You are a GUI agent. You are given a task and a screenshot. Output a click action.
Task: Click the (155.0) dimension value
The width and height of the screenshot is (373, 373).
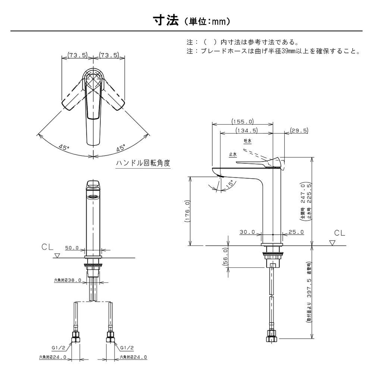pos(242,121)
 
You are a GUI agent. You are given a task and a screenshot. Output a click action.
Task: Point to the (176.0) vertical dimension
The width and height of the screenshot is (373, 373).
pos(187,211)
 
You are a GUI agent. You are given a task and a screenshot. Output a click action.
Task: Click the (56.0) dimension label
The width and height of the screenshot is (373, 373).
pos(225,256)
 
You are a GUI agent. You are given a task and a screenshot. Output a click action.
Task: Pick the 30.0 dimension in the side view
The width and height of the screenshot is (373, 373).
pos(247,232)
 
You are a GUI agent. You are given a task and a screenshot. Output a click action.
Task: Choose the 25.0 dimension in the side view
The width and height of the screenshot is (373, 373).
pos(296,232)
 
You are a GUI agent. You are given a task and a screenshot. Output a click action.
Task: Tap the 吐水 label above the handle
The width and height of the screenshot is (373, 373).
pos(248,141)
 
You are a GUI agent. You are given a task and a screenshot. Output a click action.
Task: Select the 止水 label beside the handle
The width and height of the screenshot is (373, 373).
pos(233,154)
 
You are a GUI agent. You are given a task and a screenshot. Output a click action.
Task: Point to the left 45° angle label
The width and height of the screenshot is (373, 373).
pos(64,147)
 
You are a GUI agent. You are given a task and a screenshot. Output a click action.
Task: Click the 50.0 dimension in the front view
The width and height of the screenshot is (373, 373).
pos(72,247)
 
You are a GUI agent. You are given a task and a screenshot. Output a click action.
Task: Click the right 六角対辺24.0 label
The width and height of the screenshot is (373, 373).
pos(133,357)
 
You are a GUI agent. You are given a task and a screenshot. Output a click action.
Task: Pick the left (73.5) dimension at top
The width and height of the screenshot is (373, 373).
pos(77,55)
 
